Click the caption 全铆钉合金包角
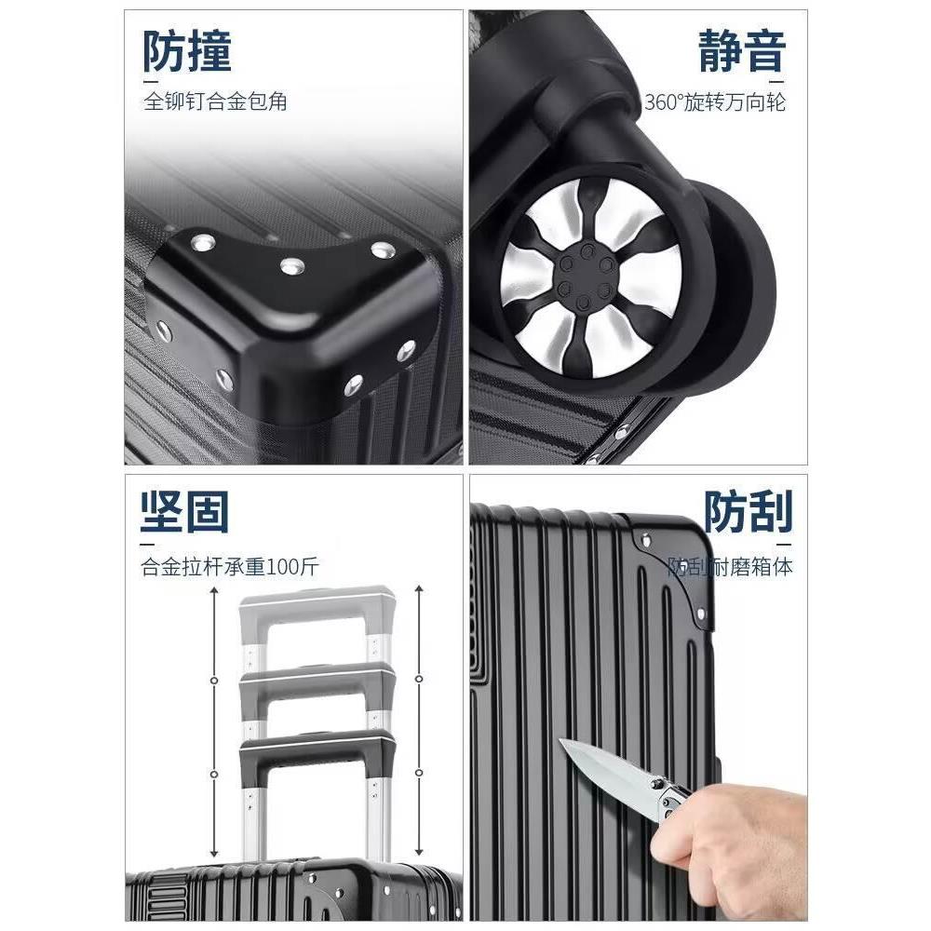point(215,101)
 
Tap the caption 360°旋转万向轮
point(715,101)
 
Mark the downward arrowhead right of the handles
point(421,855)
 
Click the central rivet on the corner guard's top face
point(292,266)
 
